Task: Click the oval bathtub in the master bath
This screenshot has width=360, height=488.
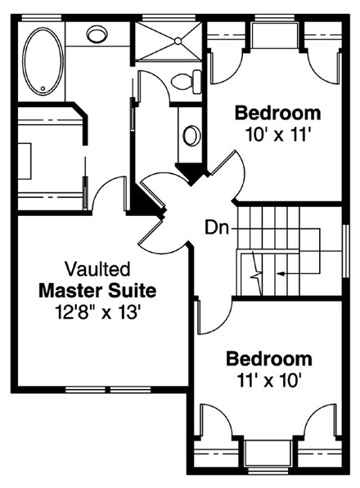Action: coord(39,61)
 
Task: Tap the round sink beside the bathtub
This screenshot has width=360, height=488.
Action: coord(97,35)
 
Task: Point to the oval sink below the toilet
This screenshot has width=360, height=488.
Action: coord(191,135)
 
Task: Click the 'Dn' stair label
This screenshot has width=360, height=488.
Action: coord(216,224)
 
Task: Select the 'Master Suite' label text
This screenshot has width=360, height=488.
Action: coord(97,290)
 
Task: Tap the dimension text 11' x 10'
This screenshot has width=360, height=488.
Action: coord(269,379)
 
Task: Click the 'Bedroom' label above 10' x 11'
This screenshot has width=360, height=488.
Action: coord(277,112)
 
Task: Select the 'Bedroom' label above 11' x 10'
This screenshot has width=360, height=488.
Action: coord(269,359)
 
